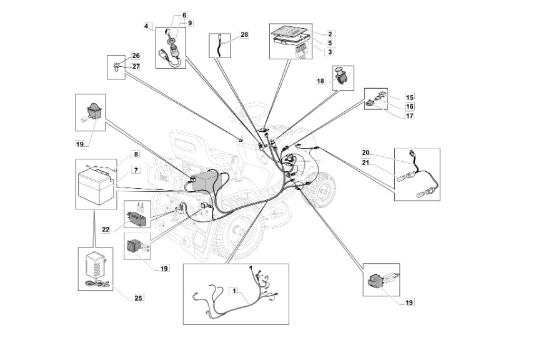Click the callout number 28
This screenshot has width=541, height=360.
coord(244,35)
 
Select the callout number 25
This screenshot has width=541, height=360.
coord(138,297)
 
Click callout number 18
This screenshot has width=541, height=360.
coord(320,81)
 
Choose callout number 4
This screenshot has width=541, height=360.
coord(146,26)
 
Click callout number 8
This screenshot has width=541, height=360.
coord(136,154)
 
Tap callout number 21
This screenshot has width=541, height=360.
coord(365,162)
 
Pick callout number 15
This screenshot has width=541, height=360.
coord(409,97)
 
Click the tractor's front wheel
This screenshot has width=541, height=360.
coord(322,188)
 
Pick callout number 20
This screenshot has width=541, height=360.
coord(365,152)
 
